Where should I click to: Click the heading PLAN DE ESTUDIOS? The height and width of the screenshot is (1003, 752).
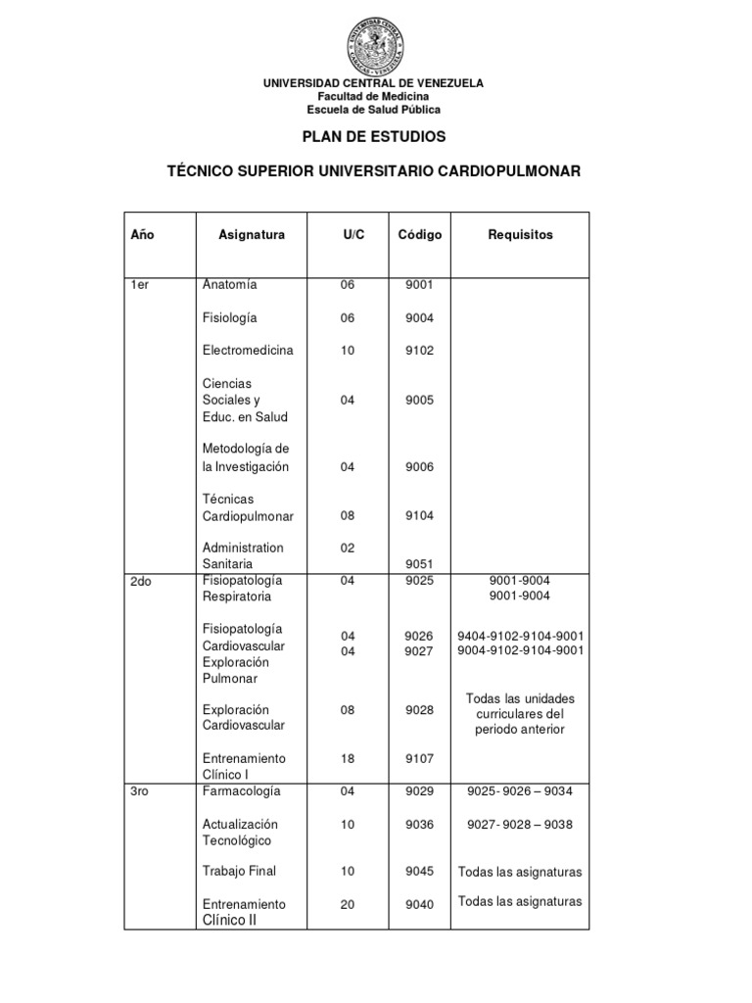[373, 136]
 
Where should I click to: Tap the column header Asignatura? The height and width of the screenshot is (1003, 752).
[252, 235]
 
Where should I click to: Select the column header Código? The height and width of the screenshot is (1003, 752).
[419, 235]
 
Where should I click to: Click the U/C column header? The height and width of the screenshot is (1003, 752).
[353, 235]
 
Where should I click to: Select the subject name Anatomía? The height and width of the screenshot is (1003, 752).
[229, 285]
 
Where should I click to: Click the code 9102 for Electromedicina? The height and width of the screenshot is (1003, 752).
[419, 351]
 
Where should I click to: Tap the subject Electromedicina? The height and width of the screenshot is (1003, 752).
[248, 350]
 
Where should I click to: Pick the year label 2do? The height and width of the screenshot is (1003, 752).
[143, 581]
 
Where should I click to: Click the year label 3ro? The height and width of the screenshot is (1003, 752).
[142, 790]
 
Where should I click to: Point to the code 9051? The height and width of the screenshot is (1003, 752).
[419, 564]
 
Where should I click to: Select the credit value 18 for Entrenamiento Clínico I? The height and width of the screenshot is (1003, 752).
[348, 758]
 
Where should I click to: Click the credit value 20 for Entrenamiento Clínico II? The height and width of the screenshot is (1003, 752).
[348, 904]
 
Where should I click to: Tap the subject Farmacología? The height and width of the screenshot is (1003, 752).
[241, 790]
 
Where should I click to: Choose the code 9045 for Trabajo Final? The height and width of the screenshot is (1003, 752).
[419, 872]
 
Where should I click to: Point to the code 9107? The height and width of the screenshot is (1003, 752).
[419, 758]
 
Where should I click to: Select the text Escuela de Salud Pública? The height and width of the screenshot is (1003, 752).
[373, 110]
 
